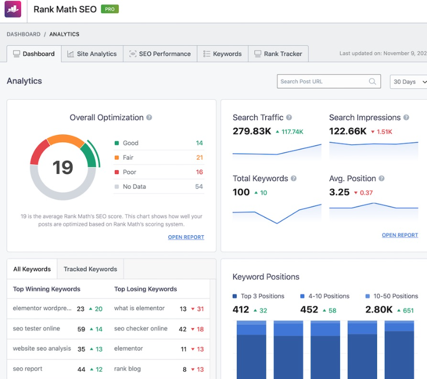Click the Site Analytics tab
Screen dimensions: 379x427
pyautogui.click(x=92, y=54)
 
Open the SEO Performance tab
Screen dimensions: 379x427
pyautogui.click(x=160, y=54)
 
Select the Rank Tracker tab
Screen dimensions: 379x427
pyautogui.click(x=278, y=54)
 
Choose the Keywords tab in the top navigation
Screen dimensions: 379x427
pyautogui.click(x=222, y=54)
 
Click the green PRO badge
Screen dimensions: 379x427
pyautogui.click(x=110, y=9)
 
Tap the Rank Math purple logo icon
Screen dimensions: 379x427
pyautogui.click(x=13, y=9)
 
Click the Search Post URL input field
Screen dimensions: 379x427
pyautogui.click(x=323, y=82)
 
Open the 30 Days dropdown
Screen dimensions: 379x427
pyautogui.click(x=408, y=82)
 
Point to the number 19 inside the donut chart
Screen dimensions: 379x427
pyautogui.click(x=62, y=167)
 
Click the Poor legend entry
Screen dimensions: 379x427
pyautogui.click(x=130, y=172)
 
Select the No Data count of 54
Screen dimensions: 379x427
pyautogui.click(x=199, y=187)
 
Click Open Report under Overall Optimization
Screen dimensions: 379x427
pyautogui.click(x=186, y=237)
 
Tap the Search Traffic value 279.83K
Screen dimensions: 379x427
pyautogui.click(x=251, y=131)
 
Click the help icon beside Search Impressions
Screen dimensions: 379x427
pyautogui.click(x=407, y=118)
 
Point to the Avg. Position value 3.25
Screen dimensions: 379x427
pyautogui.click(x=339, y=192)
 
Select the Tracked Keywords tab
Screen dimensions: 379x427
pyautogui.click(x=90, y=269)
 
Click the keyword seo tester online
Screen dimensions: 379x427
pyautogui.click(x=36, y=329)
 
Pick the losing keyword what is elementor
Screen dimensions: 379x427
pyautogui.click(x=140, y=308)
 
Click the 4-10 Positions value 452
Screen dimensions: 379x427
pyautogui.click(x=309, y=310)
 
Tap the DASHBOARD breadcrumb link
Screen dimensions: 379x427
pyautogui.click(x=23, y=34)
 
